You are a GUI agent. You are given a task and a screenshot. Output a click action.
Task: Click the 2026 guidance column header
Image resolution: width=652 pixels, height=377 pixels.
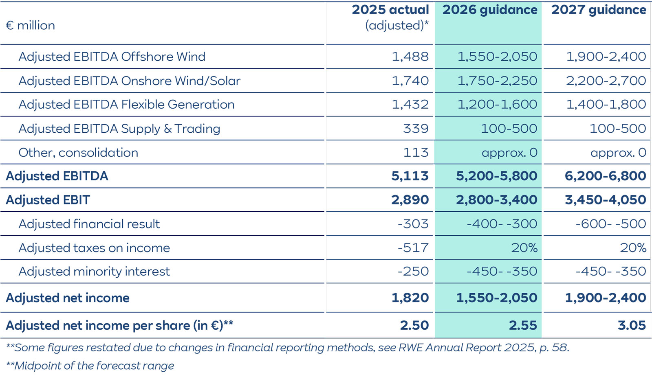[490, 10]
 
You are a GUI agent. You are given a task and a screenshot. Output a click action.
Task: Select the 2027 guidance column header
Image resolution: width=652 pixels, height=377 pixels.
[599, 10]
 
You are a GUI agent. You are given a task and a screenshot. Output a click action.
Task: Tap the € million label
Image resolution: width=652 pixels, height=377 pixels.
[30, 25]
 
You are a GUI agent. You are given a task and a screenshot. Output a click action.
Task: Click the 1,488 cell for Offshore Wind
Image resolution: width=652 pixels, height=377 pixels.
[410, 57]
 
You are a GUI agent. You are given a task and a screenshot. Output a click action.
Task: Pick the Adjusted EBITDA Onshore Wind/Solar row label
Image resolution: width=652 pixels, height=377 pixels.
[129, 81]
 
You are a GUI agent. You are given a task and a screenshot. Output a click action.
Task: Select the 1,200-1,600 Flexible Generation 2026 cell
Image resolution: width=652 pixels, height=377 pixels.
[497, 105]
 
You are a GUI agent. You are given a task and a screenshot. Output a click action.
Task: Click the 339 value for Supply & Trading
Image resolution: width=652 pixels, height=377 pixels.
[416, 129]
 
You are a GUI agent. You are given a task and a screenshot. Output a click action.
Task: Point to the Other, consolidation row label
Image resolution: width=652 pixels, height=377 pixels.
[78, 153]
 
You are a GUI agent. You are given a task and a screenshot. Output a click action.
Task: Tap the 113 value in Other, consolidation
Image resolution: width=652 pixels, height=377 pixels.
[416, 153]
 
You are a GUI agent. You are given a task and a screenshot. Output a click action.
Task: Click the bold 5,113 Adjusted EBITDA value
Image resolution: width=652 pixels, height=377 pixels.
[410, 176]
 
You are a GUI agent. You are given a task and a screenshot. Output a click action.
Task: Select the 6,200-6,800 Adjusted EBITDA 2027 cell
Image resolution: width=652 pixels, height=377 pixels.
[605, 176]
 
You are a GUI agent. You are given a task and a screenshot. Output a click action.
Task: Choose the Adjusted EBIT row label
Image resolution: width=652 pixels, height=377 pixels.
[48, 200]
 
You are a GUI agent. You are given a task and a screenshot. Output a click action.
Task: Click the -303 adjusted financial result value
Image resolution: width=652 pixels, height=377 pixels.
[413, 224]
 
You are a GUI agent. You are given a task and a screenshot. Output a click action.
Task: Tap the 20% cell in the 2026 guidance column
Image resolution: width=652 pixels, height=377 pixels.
[524, 248]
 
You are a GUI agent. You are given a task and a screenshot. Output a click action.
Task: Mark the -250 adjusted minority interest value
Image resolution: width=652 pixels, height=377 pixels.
[413, 272]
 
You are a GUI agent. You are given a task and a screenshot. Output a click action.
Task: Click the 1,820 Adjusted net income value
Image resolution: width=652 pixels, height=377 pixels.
[410, 298]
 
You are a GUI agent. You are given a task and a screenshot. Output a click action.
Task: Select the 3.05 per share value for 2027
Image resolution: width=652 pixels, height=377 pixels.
[632, 325]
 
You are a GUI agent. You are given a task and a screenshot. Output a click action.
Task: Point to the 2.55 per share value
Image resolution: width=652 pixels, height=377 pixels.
[523, 325]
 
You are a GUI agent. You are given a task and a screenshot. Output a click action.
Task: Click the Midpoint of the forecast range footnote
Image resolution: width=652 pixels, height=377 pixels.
[90, 366]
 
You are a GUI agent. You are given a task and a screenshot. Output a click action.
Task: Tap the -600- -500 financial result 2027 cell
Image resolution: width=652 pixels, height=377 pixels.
[610, 224]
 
